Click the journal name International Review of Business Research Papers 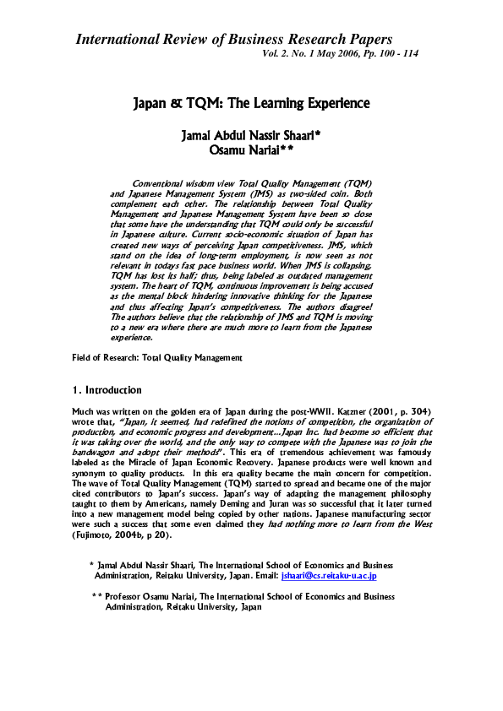pos(234,39)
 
